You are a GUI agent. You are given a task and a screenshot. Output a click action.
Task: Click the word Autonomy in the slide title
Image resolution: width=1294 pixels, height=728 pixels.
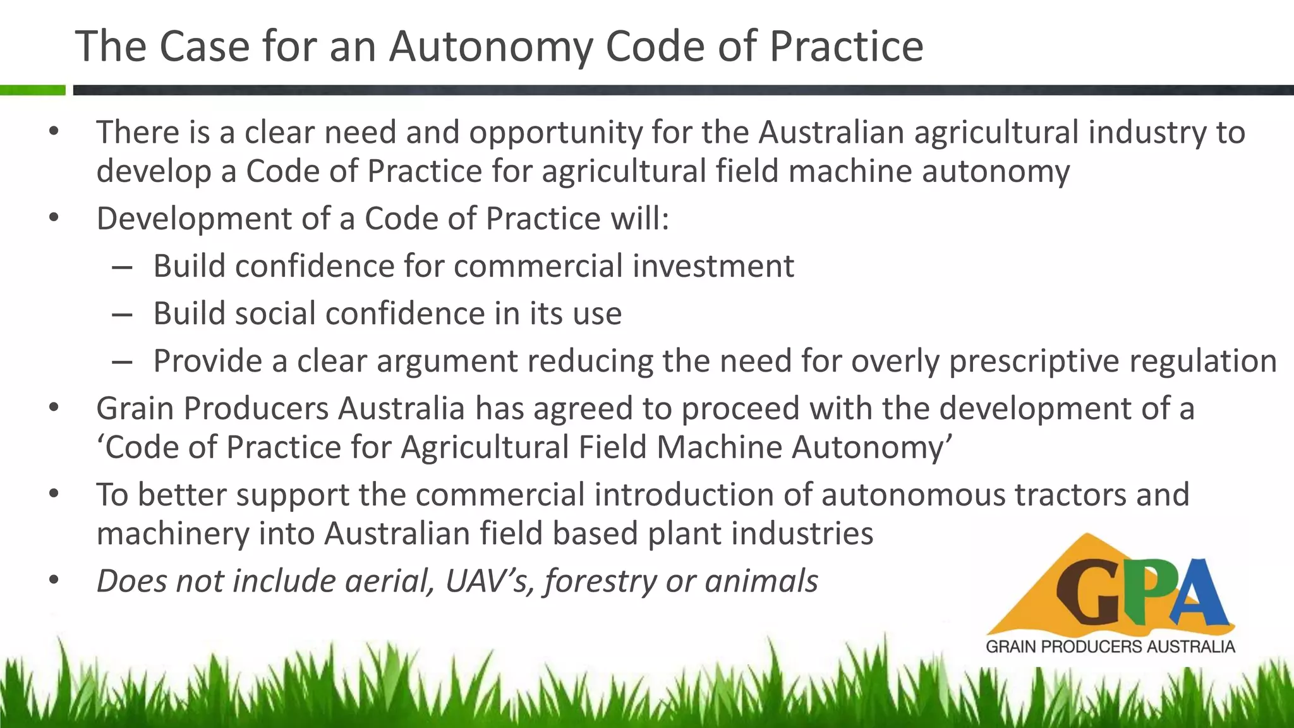pyautogui.click(x=490, y=47)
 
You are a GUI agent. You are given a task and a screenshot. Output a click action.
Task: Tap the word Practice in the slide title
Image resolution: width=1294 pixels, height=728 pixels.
pyautogui.click(x=846, y=47)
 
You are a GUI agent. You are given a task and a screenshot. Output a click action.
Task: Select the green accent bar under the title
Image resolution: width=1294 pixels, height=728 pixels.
pyautogui.click(x=32, y=90)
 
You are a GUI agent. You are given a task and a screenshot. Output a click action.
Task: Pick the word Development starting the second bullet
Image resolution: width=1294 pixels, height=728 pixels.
pyautogui.click(x=193, y=219)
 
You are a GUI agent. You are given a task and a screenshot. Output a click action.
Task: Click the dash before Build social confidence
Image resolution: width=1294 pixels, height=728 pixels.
pyautogui.click(x=121, y=314)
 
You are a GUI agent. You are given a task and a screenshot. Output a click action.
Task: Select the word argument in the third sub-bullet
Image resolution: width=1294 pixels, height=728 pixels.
pyautogui.click(x=447, y=361)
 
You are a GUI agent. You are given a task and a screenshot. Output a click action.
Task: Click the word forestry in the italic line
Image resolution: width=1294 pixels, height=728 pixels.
pyautogui.click(x=600, y=581)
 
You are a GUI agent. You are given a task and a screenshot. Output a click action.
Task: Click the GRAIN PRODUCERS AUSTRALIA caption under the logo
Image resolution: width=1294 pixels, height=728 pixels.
pyautogui.click(x=1110, y=646)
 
